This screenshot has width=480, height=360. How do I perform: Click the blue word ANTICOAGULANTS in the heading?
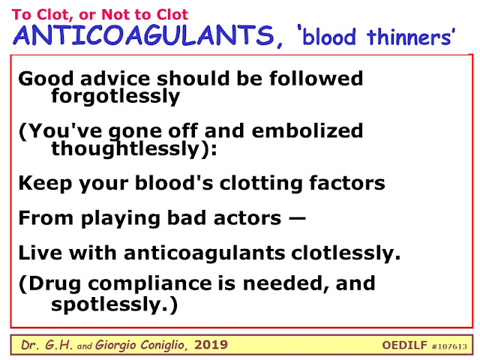point(143,35)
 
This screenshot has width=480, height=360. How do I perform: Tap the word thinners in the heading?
point(409,37)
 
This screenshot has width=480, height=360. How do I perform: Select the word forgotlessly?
point(115,97)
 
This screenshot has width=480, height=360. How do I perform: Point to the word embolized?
point(307,130)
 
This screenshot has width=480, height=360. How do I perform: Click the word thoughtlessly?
point(125,148)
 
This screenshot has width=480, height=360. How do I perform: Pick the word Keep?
point(45,184)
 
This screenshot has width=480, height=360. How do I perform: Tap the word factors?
point(346,183)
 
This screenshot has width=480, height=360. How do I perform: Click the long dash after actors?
point(296,218)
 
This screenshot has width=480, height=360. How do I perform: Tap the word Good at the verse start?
point(46,78)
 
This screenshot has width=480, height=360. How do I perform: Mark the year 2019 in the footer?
point(211,345)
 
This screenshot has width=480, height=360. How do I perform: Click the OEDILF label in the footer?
point(404,345)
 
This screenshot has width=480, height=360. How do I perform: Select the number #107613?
point(449,346)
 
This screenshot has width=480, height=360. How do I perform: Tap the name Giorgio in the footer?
point(115,345)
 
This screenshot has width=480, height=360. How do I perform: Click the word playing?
point(121,219)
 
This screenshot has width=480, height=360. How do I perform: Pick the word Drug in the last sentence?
point(55,283)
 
